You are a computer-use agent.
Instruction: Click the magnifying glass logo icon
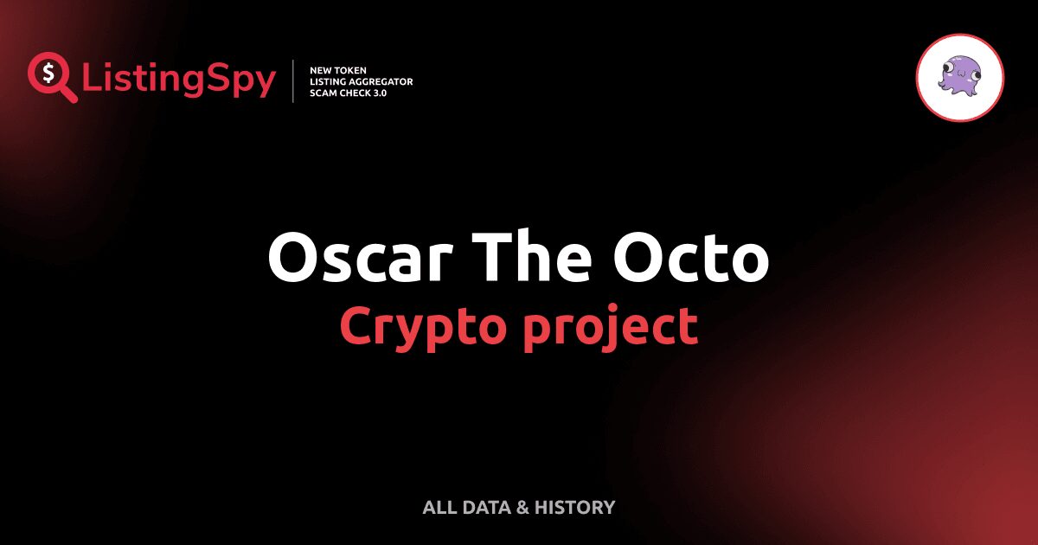click(50, 77)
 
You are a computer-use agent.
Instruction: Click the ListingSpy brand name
click(178, 80)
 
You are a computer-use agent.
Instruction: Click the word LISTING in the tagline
click(328, 81)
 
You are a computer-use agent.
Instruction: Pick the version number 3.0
click(378, 93)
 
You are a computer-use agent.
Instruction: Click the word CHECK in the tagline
click(355, 93)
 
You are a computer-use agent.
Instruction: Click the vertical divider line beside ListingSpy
click(293, 81)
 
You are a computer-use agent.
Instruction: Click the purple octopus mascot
click(959, 77)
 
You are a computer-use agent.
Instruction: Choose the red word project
click(609, 328)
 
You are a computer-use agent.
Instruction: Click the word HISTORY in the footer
click(574, 508)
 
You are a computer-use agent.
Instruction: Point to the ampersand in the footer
click(522, 508)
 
